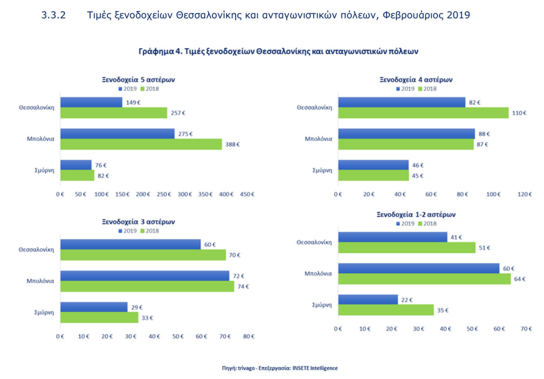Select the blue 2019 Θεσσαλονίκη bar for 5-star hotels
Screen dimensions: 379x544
[91, 102]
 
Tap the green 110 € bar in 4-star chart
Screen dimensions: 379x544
[423, 113]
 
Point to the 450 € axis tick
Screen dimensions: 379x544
[247, 194]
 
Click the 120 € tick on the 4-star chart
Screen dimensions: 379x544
[525, 194]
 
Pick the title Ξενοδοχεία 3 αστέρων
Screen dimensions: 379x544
[138, 222]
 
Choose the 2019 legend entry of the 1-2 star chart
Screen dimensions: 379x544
[405, 223]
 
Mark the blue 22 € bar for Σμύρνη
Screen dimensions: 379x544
[368, 300]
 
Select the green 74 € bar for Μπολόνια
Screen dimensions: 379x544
[147, 287]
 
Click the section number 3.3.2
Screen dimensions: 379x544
[53, 15]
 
